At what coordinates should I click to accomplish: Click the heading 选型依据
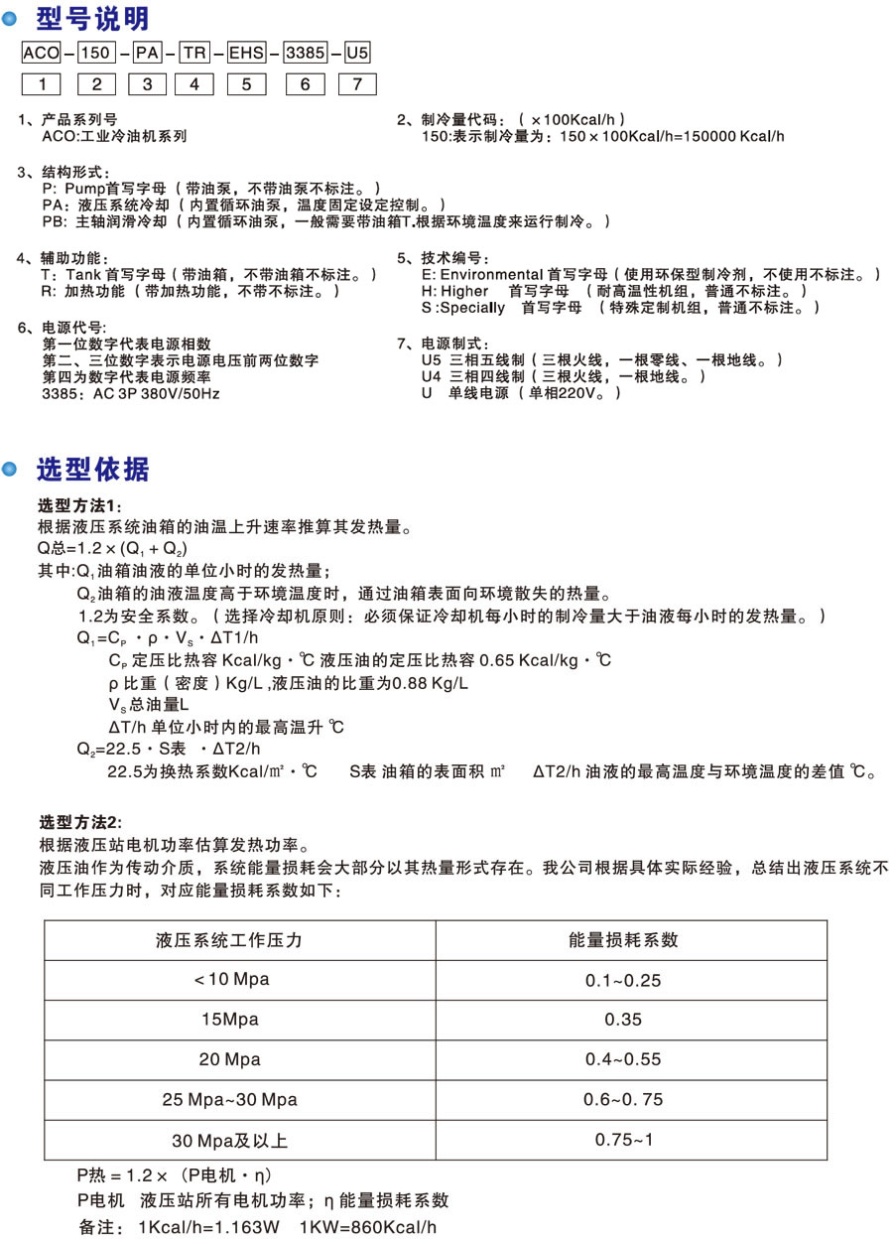(x=92, y=469)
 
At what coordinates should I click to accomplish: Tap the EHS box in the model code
(x=245, y=55)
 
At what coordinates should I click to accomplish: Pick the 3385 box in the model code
(x=305, y=55)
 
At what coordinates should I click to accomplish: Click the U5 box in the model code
(x=357, y=55)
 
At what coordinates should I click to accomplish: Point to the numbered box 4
(x=194, y=84)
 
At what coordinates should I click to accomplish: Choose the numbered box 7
(x=357, y=84)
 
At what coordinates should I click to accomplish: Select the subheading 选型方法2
(x=80, y=822)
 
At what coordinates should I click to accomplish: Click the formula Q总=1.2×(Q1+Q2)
(x=112, y=548)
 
